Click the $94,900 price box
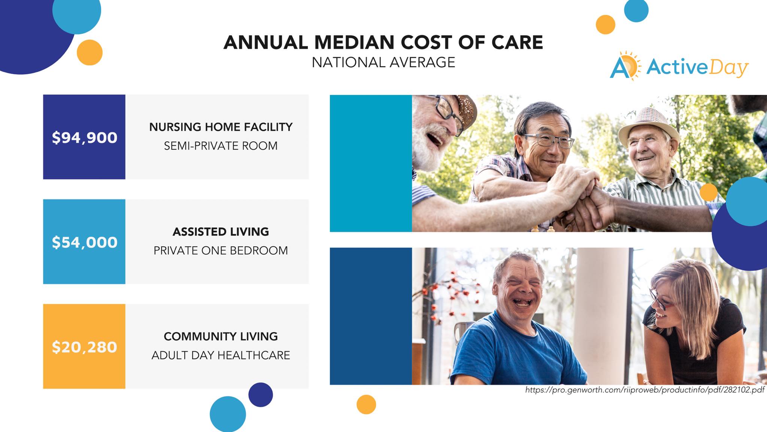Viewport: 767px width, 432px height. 84,137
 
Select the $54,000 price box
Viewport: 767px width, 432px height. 84,241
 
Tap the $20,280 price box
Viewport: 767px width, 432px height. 84,346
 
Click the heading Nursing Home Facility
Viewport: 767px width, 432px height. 221,127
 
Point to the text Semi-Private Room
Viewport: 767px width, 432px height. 221,145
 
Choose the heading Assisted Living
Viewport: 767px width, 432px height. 221,232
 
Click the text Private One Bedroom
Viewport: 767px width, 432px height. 221,250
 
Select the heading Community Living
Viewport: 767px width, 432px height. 221,336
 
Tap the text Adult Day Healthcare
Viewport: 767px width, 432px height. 221,355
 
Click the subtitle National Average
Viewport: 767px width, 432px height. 383,62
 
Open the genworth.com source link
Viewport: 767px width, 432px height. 645,390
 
